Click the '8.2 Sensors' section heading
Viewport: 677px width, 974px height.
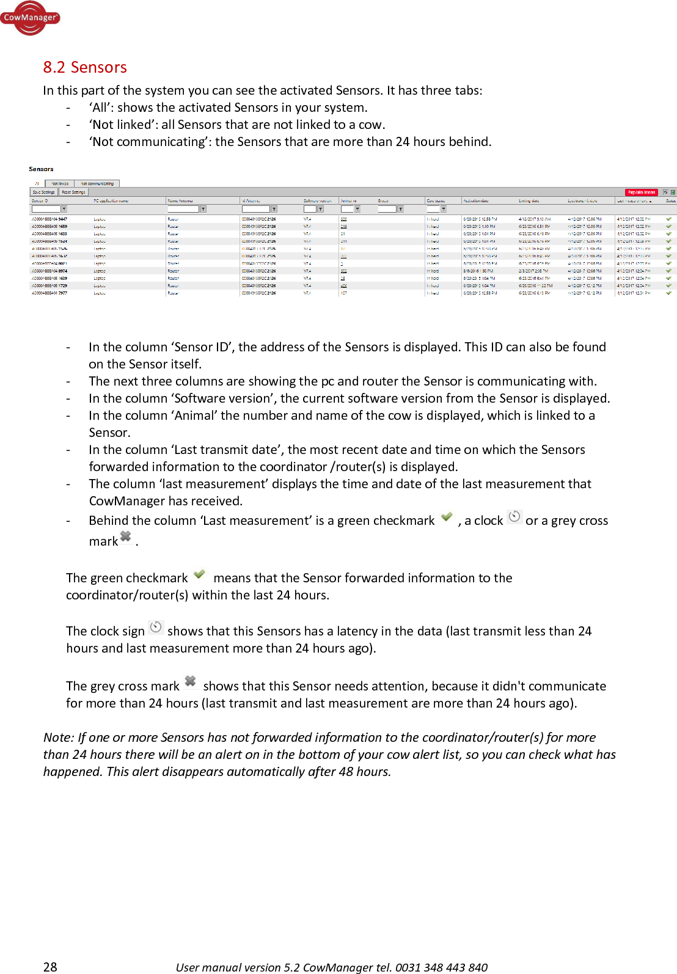point(85,67)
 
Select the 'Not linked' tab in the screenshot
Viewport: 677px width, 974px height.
point(60,183)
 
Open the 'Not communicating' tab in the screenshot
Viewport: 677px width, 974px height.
point(97,183)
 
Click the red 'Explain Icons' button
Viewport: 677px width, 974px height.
point(641,192)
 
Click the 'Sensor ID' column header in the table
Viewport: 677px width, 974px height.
point(40,200)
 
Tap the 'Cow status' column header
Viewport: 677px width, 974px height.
point(436,200)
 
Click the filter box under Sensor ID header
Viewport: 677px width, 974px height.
point(46,209)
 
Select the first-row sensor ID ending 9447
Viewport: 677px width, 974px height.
point(49,219)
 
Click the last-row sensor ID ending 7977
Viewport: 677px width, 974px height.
point(49,293)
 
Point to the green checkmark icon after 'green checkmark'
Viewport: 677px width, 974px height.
point(447,517)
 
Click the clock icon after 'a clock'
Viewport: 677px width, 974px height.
point(514,517)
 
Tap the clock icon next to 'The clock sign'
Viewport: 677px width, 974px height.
point(156,627)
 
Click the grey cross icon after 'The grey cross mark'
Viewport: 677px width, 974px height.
point(190,681)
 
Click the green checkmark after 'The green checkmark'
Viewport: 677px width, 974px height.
point(199,574)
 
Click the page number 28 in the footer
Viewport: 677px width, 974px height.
point(50,967)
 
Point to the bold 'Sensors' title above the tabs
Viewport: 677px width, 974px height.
point(41,169)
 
